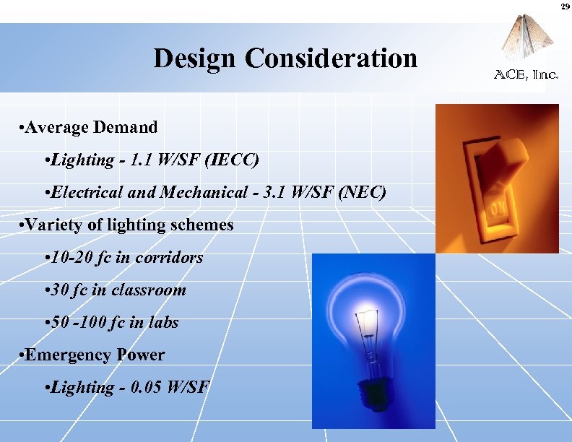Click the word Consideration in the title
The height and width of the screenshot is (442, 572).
[331, 58]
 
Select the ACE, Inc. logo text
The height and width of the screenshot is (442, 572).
[526, 75]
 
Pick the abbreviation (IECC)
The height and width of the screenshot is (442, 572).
[232, 160]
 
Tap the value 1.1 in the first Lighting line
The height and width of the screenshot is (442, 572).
[139, 160]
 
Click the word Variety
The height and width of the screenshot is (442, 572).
[51, 225]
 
